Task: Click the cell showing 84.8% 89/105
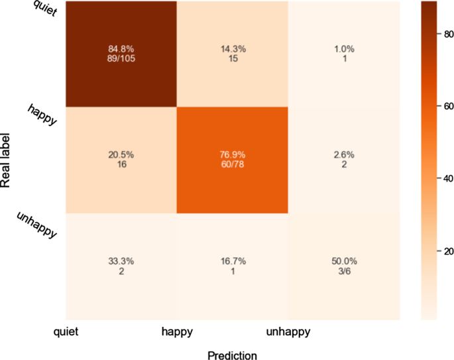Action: (121, 54)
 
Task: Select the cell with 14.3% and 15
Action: (233, 54)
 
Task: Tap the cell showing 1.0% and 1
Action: (344, 54)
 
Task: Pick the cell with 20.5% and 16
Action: (121, 160)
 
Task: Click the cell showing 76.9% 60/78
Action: (233, 160)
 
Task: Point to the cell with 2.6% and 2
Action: (344, 160)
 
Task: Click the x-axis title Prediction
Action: (232, 355)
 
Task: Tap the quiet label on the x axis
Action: (67, 331)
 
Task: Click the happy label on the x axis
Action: (178, 331)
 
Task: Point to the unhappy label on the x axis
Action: (288, 331)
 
